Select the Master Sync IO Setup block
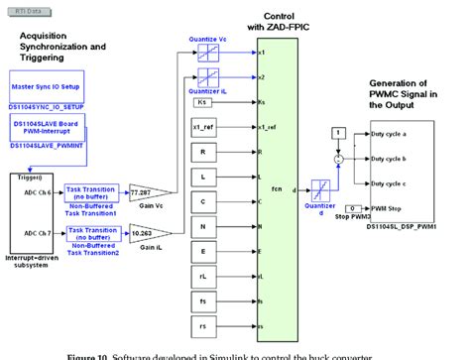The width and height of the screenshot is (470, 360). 45,86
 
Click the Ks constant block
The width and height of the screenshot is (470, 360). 202,102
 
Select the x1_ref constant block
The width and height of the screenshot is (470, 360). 202,128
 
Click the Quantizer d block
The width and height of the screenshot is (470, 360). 320,190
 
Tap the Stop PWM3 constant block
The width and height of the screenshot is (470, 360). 338,206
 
